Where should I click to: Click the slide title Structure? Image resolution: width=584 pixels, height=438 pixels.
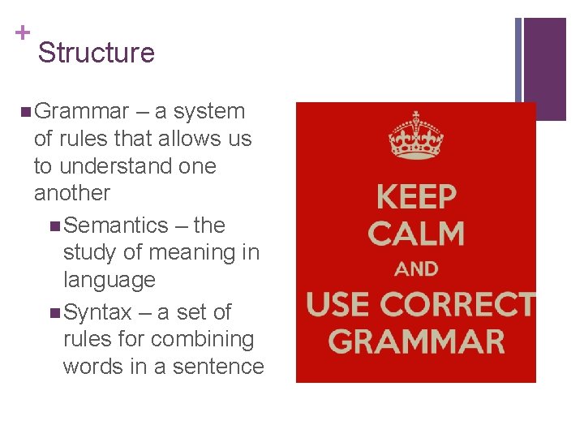click(x=96, y=53)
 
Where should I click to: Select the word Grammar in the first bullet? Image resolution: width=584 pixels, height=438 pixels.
click(x=82, y=111)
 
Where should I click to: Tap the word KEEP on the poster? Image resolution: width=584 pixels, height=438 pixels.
click(x=416, y=197)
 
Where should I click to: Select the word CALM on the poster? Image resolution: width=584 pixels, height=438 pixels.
click(x=416, y=234)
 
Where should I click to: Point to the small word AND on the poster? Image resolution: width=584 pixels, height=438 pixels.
click(x=416, y=268)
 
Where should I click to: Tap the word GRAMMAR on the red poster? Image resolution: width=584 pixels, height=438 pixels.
click(x=416, y=341)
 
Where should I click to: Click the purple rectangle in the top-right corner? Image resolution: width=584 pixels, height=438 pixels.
click(x=544, y=68)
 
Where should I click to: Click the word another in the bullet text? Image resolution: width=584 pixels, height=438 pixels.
click(x=71, y=193)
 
